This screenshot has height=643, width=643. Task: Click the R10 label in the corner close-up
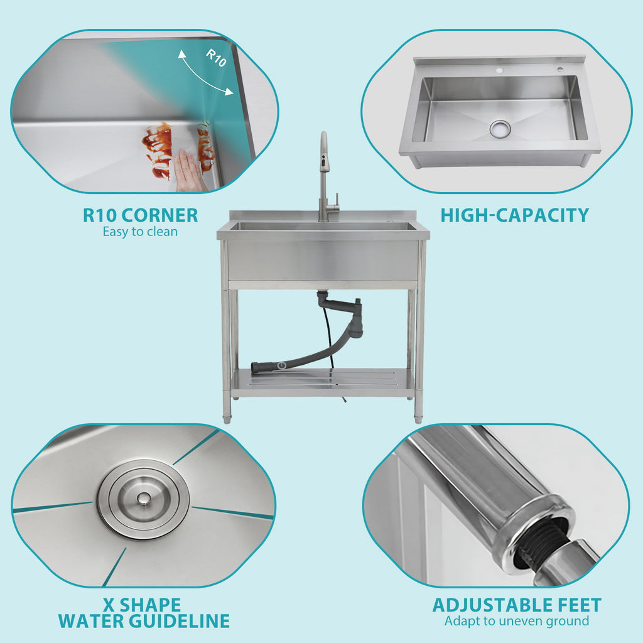click(216, 57)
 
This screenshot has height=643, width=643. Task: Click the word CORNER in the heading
click(159, 215)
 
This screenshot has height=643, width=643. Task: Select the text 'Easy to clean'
click(140, 232)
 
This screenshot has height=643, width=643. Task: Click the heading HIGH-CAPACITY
click(515, 215)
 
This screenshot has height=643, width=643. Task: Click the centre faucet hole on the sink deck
click(499, 70)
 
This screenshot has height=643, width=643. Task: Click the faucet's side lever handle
click(337, 202)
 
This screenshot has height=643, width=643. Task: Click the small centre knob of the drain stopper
click(144, 499)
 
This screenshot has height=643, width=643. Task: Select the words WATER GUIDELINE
click(144, 621)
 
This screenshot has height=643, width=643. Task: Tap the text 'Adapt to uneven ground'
click(517, 621)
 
